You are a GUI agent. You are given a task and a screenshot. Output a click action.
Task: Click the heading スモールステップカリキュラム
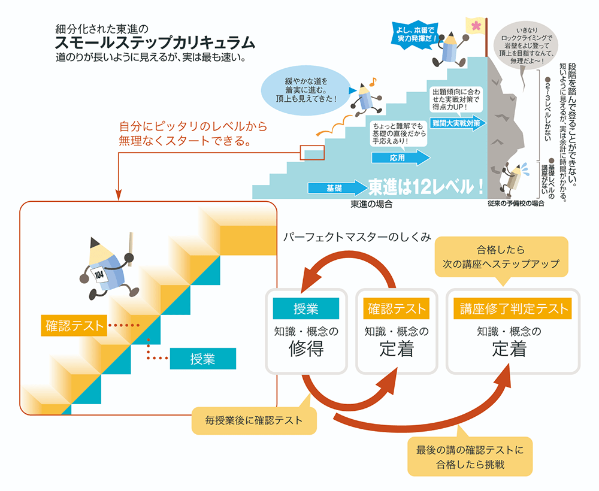[x=155, y=43]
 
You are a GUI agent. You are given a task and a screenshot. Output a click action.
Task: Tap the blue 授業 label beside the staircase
[x=202, y=359]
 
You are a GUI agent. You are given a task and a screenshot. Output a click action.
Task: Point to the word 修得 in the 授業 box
[x=306, y=348]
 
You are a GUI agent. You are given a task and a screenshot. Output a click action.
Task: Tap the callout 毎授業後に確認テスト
[x=254, y=420]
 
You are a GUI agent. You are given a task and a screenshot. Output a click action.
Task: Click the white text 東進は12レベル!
[x=426, y=187]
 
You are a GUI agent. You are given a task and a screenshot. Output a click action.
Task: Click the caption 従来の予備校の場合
[x=516, y=204]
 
